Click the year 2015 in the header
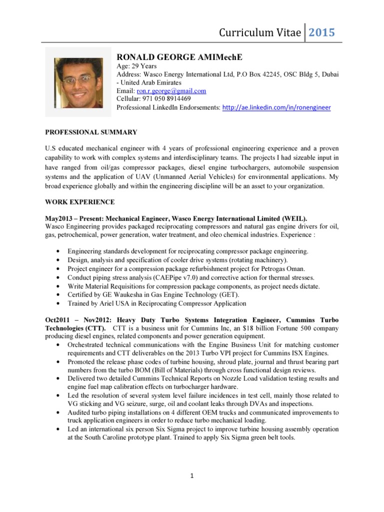tap(322, 32)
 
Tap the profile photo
tap(78, 80)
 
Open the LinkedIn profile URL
tap(276, 107)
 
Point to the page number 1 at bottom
tap(192, 476)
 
